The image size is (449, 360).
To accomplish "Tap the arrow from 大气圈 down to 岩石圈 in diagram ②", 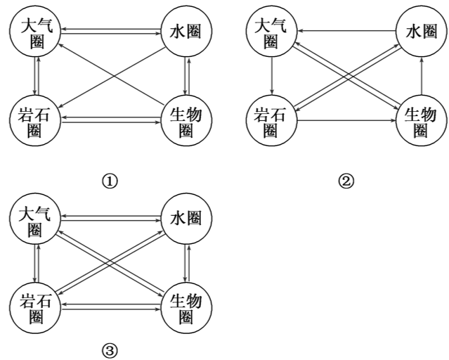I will click(272, 75).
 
